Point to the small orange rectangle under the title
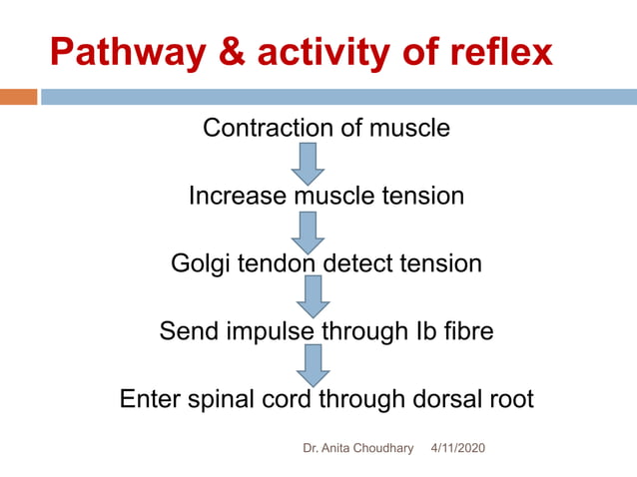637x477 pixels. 18,97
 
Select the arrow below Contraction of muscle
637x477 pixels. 309,163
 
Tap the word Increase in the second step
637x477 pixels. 237,196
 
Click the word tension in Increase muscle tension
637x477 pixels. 426,196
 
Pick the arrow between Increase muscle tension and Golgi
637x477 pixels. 309,231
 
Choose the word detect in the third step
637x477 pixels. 358,263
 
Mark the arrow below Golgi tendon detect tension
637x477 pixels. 313,296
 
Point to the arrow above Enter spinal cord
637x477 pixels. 313,365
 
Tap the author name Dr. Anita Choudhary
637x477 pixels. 357,449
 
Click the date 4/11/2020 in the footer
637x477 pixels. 457,449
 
